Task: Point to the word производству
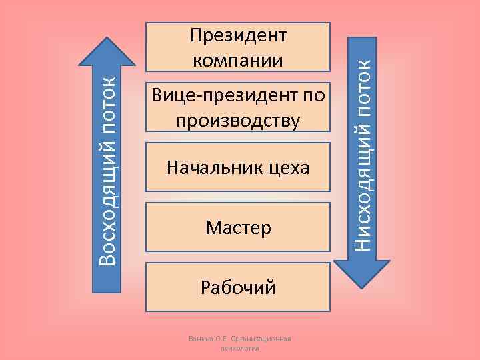tap(238, 121)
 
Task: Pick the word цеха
tap(287, 167)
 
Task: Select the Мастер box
tap(238, 227)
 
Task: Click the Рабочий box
tap(238, 287)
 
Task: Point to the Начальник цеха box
tap(238, 167)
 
